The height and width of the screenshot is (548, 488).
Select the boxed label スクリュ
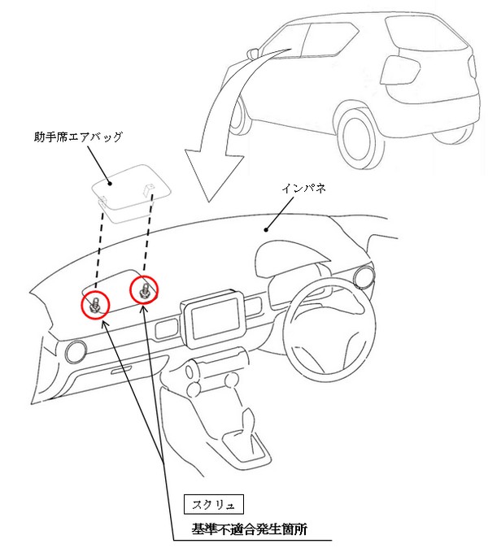pos(213,503)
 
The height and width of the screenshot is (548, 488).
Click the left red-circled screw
pos(95,304)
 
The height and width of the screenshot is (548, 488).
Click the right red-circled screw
pos(144,289)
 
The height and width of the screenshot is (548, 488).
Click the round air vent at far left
pos(75,351)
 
